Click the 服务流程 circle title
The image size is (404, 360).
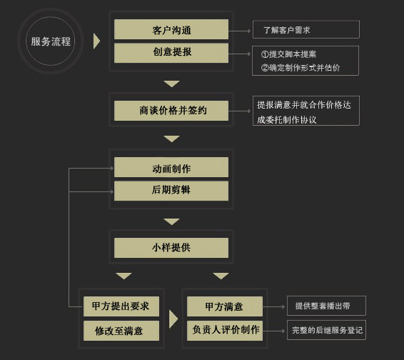[x=51, y=41]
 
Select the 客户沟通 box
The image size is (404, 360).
[x=171, y=29]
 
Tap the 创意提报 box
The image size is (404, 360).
[x=171, y=53]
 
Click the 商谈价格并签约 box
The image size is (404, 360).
[x=171, y=111]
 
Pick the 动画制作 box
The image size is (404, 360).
[x=171, y=167]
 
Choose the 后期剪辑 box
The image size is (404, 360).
[x=171, y=191]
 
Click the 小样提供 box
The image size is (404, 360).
[x=171, y=248]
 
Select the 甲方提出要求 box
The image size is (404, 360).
[x=121, y=306]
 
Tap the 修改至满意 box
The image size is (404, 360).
[x=121, y=331]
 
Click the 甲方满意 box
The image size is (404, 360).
[x=225, y=306]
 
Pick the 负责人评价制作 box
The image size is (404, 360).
[x=225, y=331]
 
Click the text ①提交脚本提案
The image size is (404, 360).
[x=288, y=54]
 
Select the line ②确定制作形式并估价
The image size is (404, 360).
[x=301, y=68]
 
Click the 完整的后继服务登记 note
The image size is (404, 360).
[x=326, y=330]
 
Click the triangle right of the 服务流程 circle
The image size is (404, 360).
[x=96, y=41]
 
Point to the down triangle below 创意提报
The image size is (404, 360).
[x=171, y=84]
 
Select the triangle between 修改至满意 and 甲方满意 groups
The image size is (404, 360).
[x=173, y=319]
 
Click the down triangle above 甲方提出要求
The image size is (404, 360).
[x=124, y=276]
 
